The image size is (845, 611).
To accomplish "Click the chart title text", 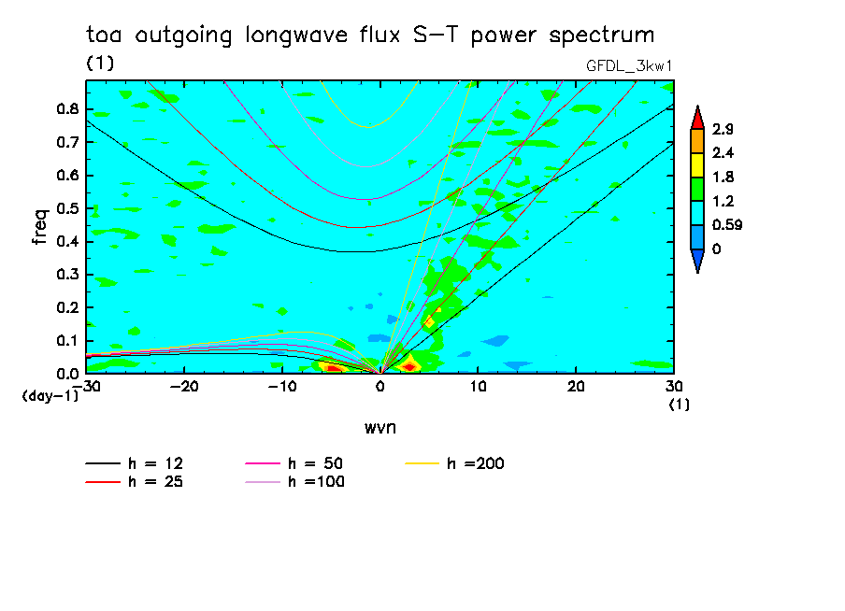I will pos(370,36).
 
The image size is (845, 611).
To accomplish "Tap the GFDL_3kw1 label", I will pos(629,64).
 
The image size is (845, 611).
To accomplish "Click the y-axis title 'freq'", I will pos(39,226).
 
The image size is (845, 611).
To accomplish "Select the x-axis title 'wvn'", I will pos(380,427).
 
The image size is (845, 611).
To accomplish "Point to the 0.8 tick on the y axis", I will pos(66,108).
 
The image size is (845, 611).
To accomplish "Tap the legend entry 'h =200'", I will pos(477,463).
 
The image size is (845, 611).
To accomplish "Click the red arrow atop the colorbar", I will pos(697,116).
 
